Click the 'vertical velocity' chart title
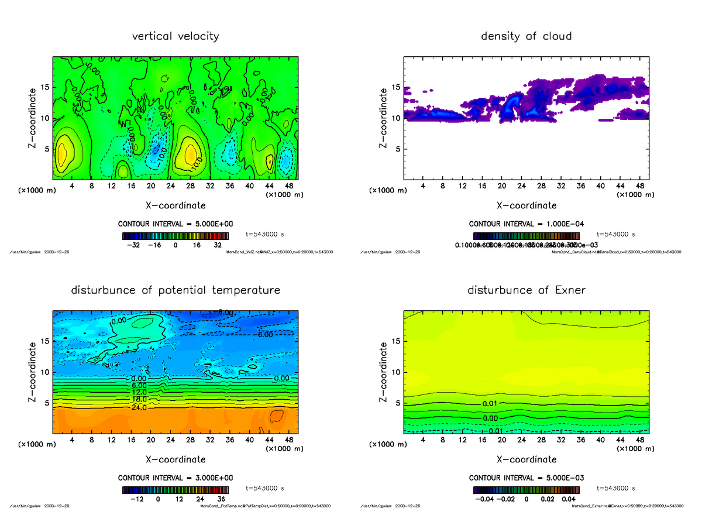(175, 36)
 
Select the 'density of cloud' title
(526, 36)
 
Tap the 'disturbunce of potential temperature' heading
(175, 290)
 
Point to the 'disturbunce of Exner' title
(526, 290)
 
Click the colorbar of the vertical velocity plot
(175, 236)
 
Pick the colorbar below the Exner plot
(526, 490)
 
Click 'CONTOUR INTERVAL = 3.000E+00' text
(175, 478)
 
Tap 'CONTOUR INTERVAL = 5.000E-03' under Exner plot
(526, 478)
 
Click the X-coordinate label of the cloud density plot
(526, 205)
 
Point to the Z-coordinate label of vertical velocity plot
(35, 118)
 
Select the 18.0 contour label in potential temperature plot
(139, 400)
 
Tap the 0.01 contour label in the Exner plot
(490, 404)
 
